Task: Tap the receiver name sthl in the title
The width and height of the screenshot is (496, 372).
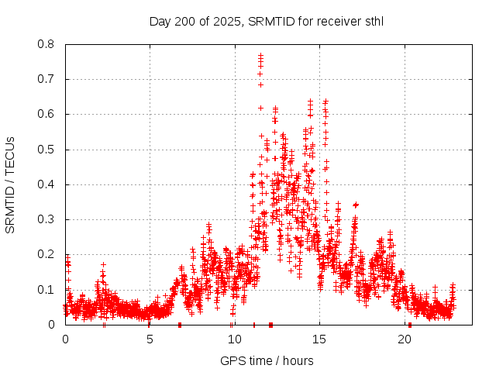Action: point(371,22)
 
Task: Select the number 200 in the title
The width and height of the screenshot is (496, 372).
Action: point(184,22)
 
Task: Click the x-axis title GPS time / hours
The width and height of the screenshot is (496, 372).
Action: point(267,360)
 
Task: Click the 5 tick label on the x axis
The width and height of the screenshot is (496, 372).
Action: point(150,339)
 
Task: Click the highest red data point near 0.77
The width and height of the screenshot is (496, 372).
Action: point(261,55)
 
